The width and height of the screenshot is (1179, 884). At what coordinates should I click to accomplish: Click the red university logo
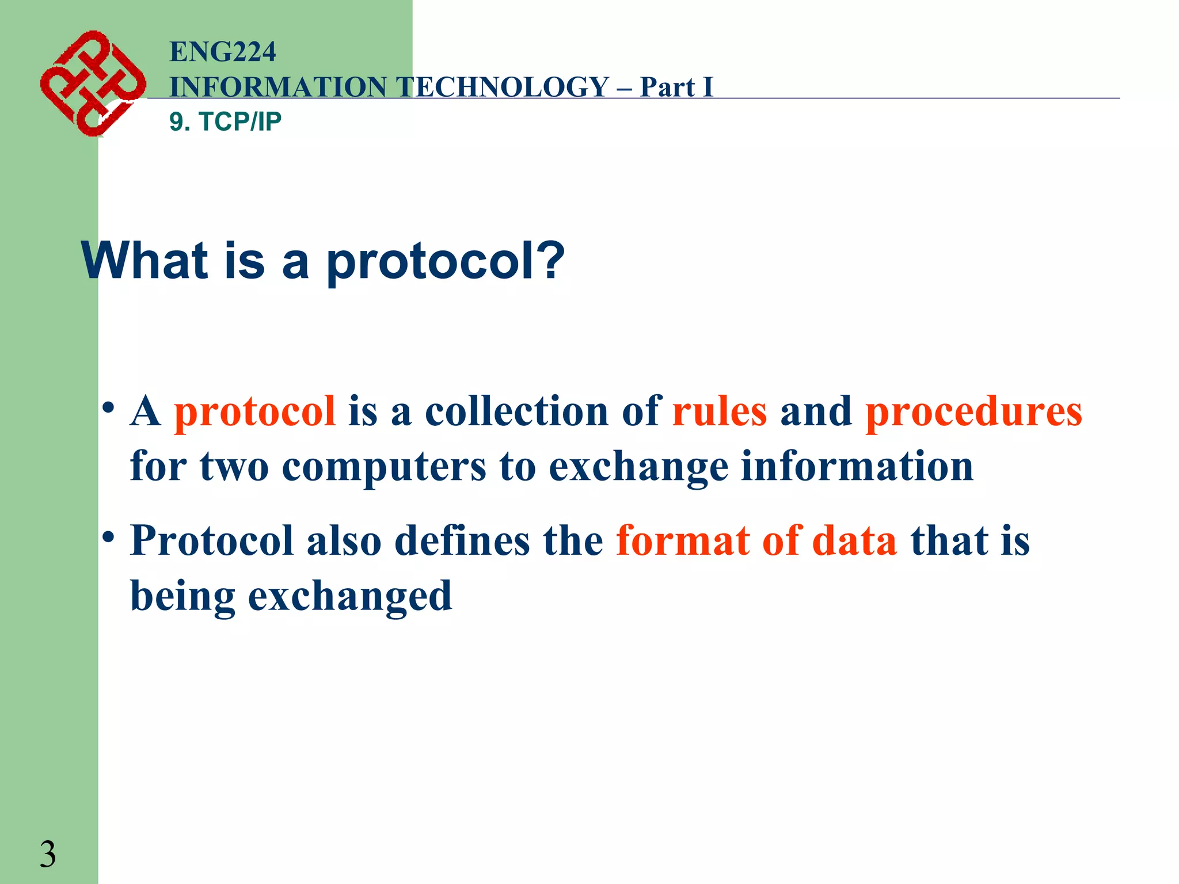pyautogui.click(x=92, y=83)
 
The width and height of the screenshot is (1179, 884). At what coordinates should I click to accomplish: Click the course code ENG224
pyautogui.click(x=223, y=52)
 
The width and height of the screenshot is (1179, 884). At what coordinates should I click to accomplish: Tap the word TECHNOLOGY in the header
pyautogui.click(x=503, y=87)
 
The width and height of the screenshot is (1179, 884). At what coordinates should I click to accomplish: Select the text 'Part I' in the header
pyautogui.click(x=676, y=87)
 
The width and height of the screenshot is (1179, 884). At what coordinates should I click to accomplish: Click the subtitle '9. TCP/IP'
pyautogui.click(x=225, y=121)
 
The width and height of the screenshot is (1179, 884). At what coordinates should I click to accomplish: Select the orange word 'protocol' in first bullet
pyautogui.click(x=255, y=412)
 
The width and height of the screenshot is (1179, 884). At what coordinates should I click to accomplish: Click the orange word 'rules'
pyautogui.click(x=720, y=412)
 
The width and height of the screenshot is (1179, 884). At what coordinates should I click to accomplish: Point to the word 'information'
pyautogui.click(x=857, y=466)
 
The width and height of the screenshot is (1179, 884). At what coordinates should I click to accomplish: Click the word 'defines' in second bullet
pyautogui.click(x=462, y=541)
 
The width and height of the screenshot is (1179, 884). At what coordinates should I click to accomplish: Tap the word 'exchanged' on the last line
pyautogui.click(x=350, y=596)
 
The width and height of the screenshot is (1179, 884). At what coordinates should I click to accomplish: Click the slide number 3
pyautogui.click(x=48, y=854)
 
